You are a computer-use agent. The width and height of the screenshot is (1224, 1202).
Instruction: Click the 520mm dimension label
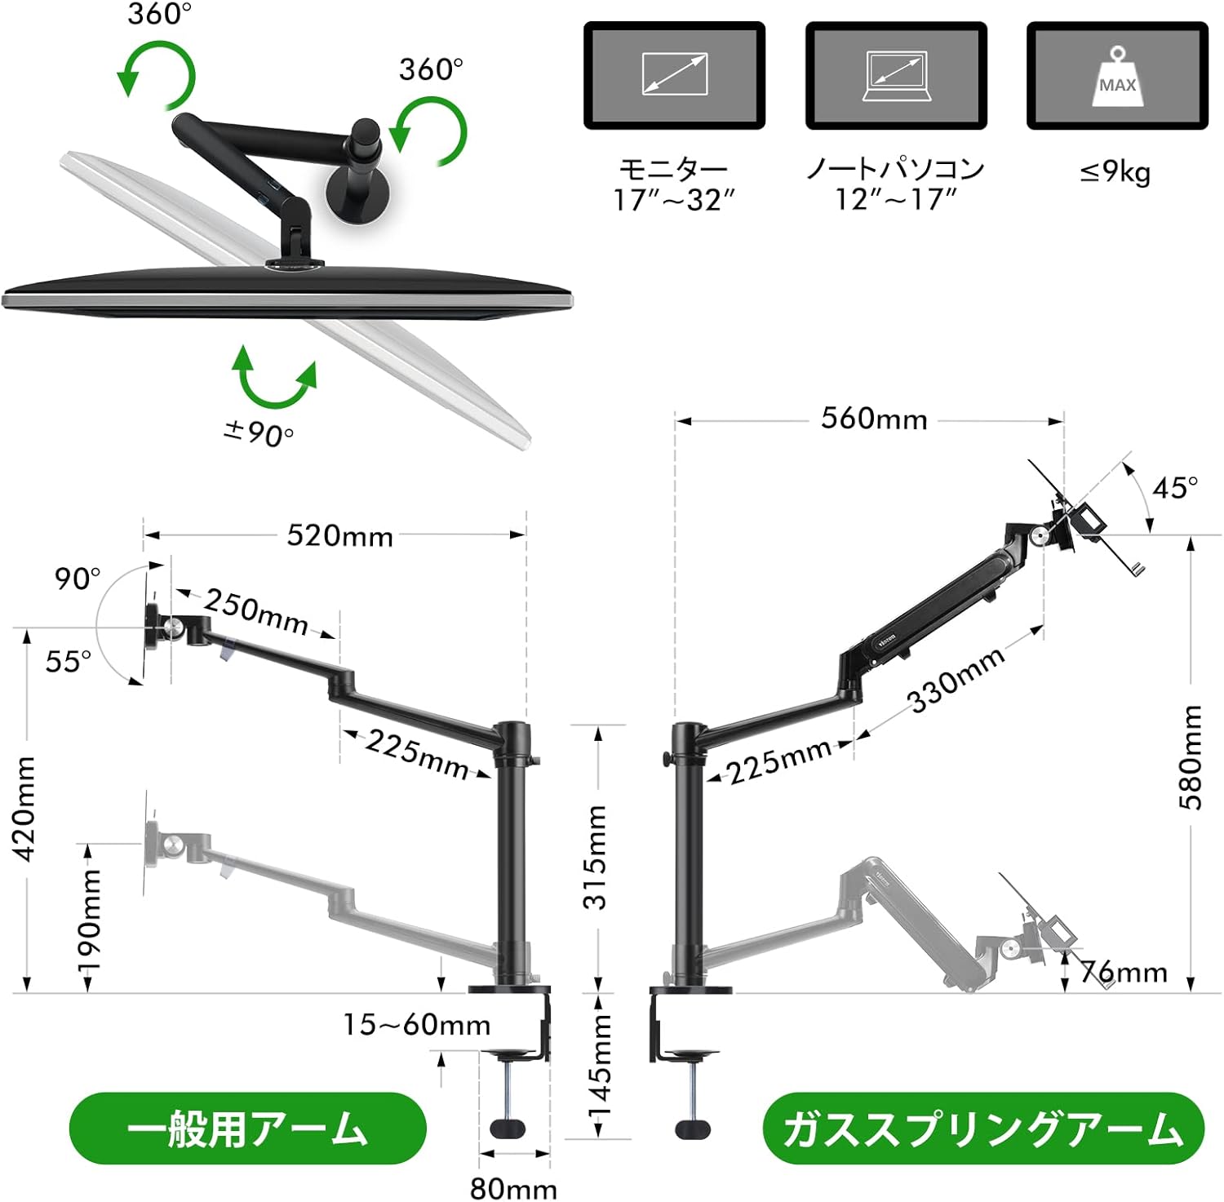point(339,536)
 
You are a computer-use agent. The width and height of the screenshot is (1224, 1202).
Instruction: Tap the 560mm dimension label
point(874,419)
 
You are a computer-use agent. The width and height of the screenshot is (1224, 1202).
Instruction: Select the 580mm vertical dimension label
point(1191,756)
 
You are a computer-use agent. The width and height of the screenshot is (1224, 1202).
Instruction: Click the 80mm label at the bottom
point(513,1189)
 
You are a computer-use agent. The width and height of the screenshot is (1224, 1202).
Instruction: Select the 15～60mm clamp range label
point(416,1025)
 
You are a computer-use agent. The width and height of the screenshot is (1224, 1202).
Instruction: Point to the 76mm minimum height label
point(1124,972)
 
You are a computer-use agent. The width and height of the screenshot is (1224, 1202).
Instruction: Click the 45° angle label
point(1174,488)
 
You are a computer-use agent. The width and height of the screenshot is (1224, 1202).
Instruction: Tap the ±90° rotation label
point(258,432)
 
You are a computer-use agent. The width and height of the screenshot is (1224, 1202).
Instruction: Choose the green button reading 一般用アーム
point(248,1129)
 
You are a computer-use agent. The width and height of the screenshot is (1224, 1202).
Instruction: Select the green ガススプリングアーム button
point(982,1129)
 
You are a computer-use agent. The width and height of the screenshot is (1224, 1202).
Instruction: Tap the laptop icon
point(896,76)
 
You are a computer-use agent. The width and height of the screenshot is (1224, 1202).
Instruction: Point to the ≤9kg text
point(1115,172)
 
